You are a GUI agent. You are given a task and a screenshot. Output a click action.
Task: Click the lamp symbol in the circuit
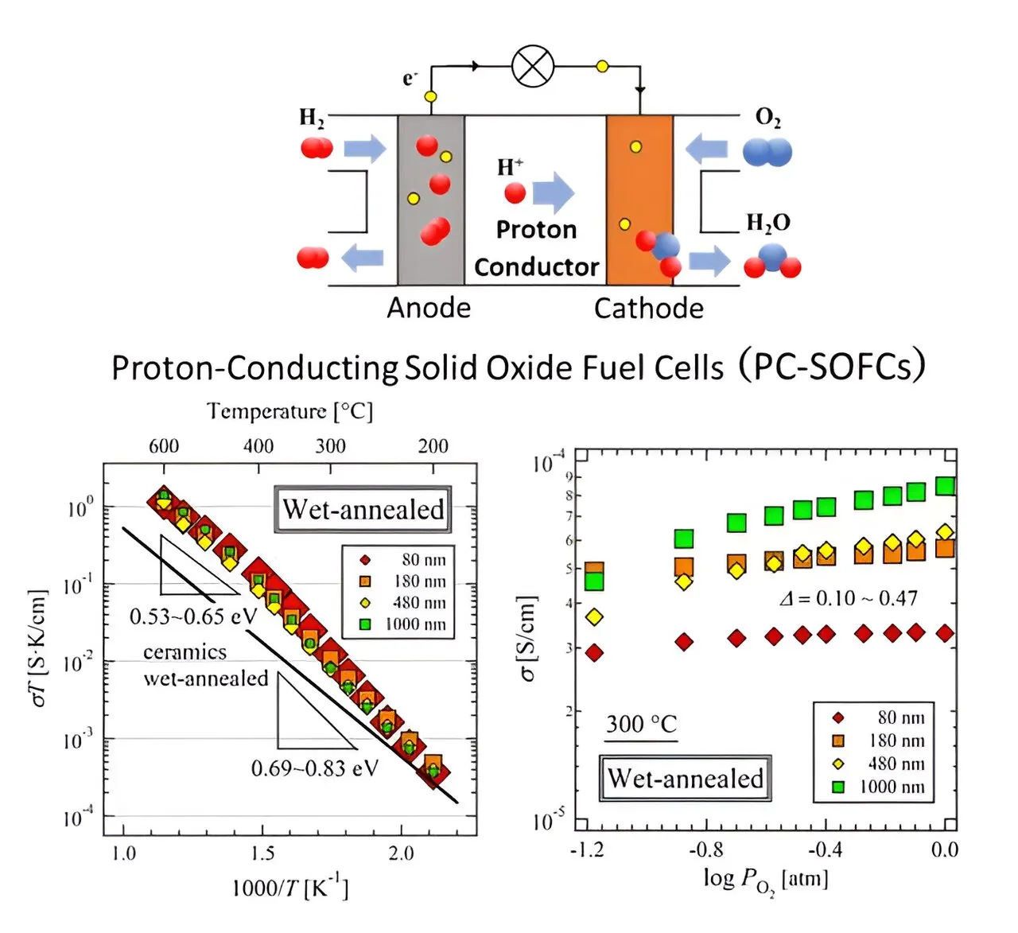pyautogui.click(x=533, y=66)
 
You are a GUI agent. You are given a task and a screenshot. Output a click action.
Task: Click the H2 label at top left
pyautogui.click(x=312, y=118)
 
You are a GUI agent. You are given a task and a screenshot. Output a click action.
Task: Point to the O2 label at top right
pyautogui.click(x=767, y=118)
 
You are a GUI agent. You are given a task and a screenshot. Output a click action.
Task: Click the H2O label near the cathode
pyautogui.click(x=767, y=223)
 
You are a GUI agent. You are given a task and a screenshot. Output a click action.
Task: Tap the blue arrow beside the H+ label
pyautogui.click(x=554, y=192)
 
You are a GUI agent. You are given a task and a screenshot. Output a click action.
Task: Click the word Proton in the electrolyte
pyautogui.click(x=536, y=230)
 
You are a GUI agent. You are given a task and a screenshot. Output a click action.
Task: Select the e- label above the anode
pyautogui.click(x=410, y=78)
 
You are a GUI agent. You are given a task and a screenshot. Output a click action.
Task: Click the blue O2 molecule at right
pyautogui.click(x=767, y=151)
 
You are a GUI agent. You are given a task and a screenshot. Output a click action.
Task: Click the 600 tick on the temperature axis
pyautogui.click(x=164, y=446)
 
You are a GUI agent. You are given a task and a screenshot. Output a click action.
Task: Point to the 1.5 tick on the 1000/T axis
pyautogui.click(x=262, y=853)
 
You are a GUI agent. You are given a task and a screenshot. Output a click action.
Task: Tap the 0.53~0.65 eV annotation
pyautogui.click(x=193, y=616)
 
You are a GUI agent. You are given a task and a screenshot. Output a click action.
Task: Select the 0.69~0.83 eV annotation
pyautogui.click(x=315, y=768)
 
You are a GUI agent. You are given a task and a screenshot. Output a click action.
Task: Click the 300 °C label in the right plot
pyautogui.click(x=641, y=724)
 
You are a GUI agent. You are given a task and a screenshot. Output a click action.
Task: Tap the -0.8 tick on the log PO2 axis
pyautogui.click(x=705, y=849)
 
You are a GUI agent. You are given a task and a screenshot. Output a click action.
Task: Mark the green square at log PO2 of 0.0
pyautogui.click(x=945, y=486)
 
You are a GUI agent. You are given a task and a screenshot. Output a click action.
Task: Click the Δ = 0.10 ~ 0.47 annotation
pyautogui.click(x=848, y=598)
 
